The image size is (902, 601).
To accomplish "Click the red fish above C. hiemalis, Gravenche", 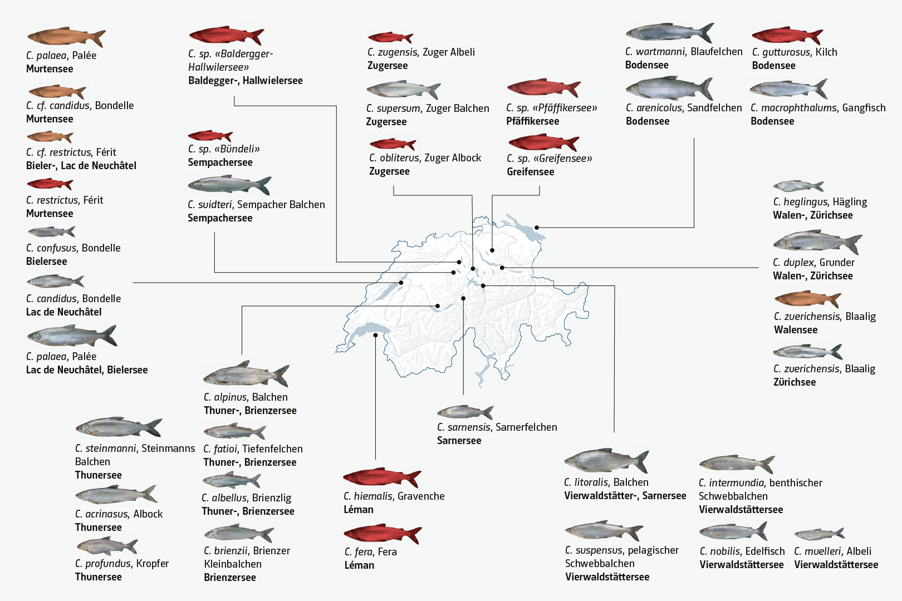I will (x=381, y=477).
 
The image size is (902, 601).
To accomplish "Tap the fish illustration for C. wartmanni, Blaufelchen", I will (x=668, y=33).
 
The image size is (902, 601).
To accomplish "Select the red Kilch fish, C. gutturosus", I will (x=786, y=36).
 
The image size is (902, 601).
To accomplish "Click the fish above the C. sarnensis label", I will (x=465, y=412).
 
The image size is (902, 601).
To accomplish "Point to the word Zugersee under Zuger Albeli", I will (x=388, y=66).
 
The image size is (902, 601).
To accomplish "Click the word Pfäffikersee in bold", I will (x=532, y=121).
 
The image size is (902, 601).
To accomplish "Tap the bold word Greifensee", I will (x=530, y=172).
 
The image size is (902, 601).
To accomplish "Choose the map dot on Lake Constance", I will (x=537, y=228).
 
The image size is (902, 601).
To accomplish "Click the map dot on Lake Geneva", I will (x=376, y=335).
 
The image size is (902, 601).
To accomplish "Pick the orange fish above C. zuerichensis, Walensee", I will (x=807, y=299).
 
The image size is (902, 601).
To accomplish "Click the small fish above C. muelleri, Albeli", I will (x=819, y=534).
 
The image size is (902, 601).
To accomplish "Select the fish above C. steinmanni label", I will (x=118, y=427).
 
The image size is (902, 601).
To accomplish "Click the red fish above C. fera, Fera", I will (x=382, y=534).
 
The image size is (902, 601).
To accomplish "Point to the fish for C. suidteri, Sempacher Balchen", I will (x=229, y=185).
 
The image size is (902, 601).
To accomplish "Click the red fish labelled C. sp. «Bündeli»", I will (x=210, y=136).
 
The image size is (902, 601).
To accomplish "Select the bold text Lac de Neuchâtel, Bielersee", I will (x=87, y=370).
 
